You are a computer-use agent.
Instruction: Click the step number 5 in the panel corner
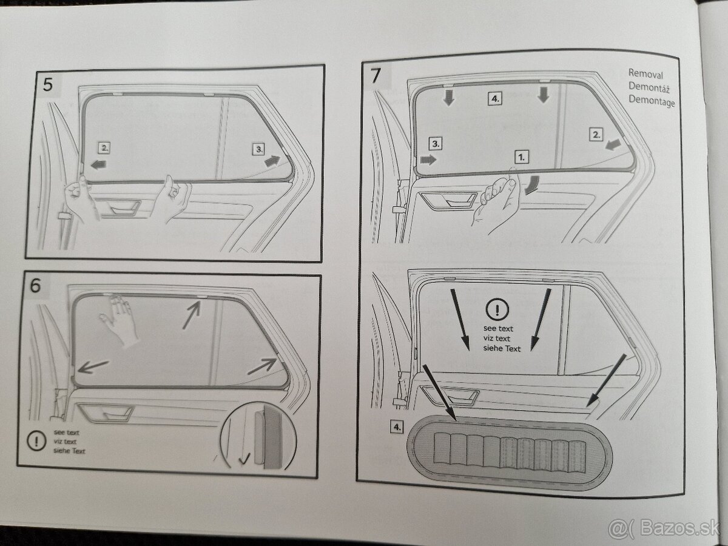click(x=47, y=84)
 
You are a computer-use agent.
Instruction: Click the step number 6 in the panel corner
click(x=36, y=286)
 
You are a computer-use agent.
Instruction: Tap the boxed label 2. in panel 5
click(x=105, y=147)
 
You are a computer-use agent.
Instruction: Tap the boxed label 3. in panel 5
click(x=259, y=148)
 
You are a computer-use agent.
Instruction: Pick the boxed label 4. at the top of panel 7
click(x=494, y=98)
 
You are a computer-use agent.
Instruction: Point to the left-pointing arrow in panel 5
click(x=97, y=164)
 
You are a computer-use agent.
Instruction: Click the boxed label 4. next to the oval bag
click(x=396, y=427)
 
